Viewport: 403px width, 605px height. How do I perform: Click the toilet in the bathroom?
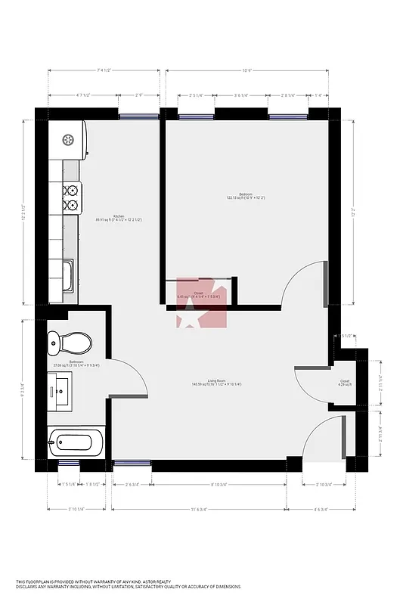[69, 343]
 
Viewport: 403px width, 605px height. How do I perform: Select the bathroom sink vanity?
[61, 391]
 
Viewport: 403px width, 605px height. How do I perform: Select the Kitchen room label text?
[119, 217]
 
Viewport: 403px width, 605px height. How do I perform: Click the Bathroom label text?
[76, 362]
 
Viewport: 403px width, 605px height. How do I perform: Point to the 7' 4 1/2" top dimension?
[104, 70]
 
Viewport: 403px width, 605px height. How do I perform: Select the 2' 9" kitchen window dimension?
[139, 95]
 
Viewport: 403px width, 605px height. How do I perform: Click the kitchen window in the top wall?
[139, 116]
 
